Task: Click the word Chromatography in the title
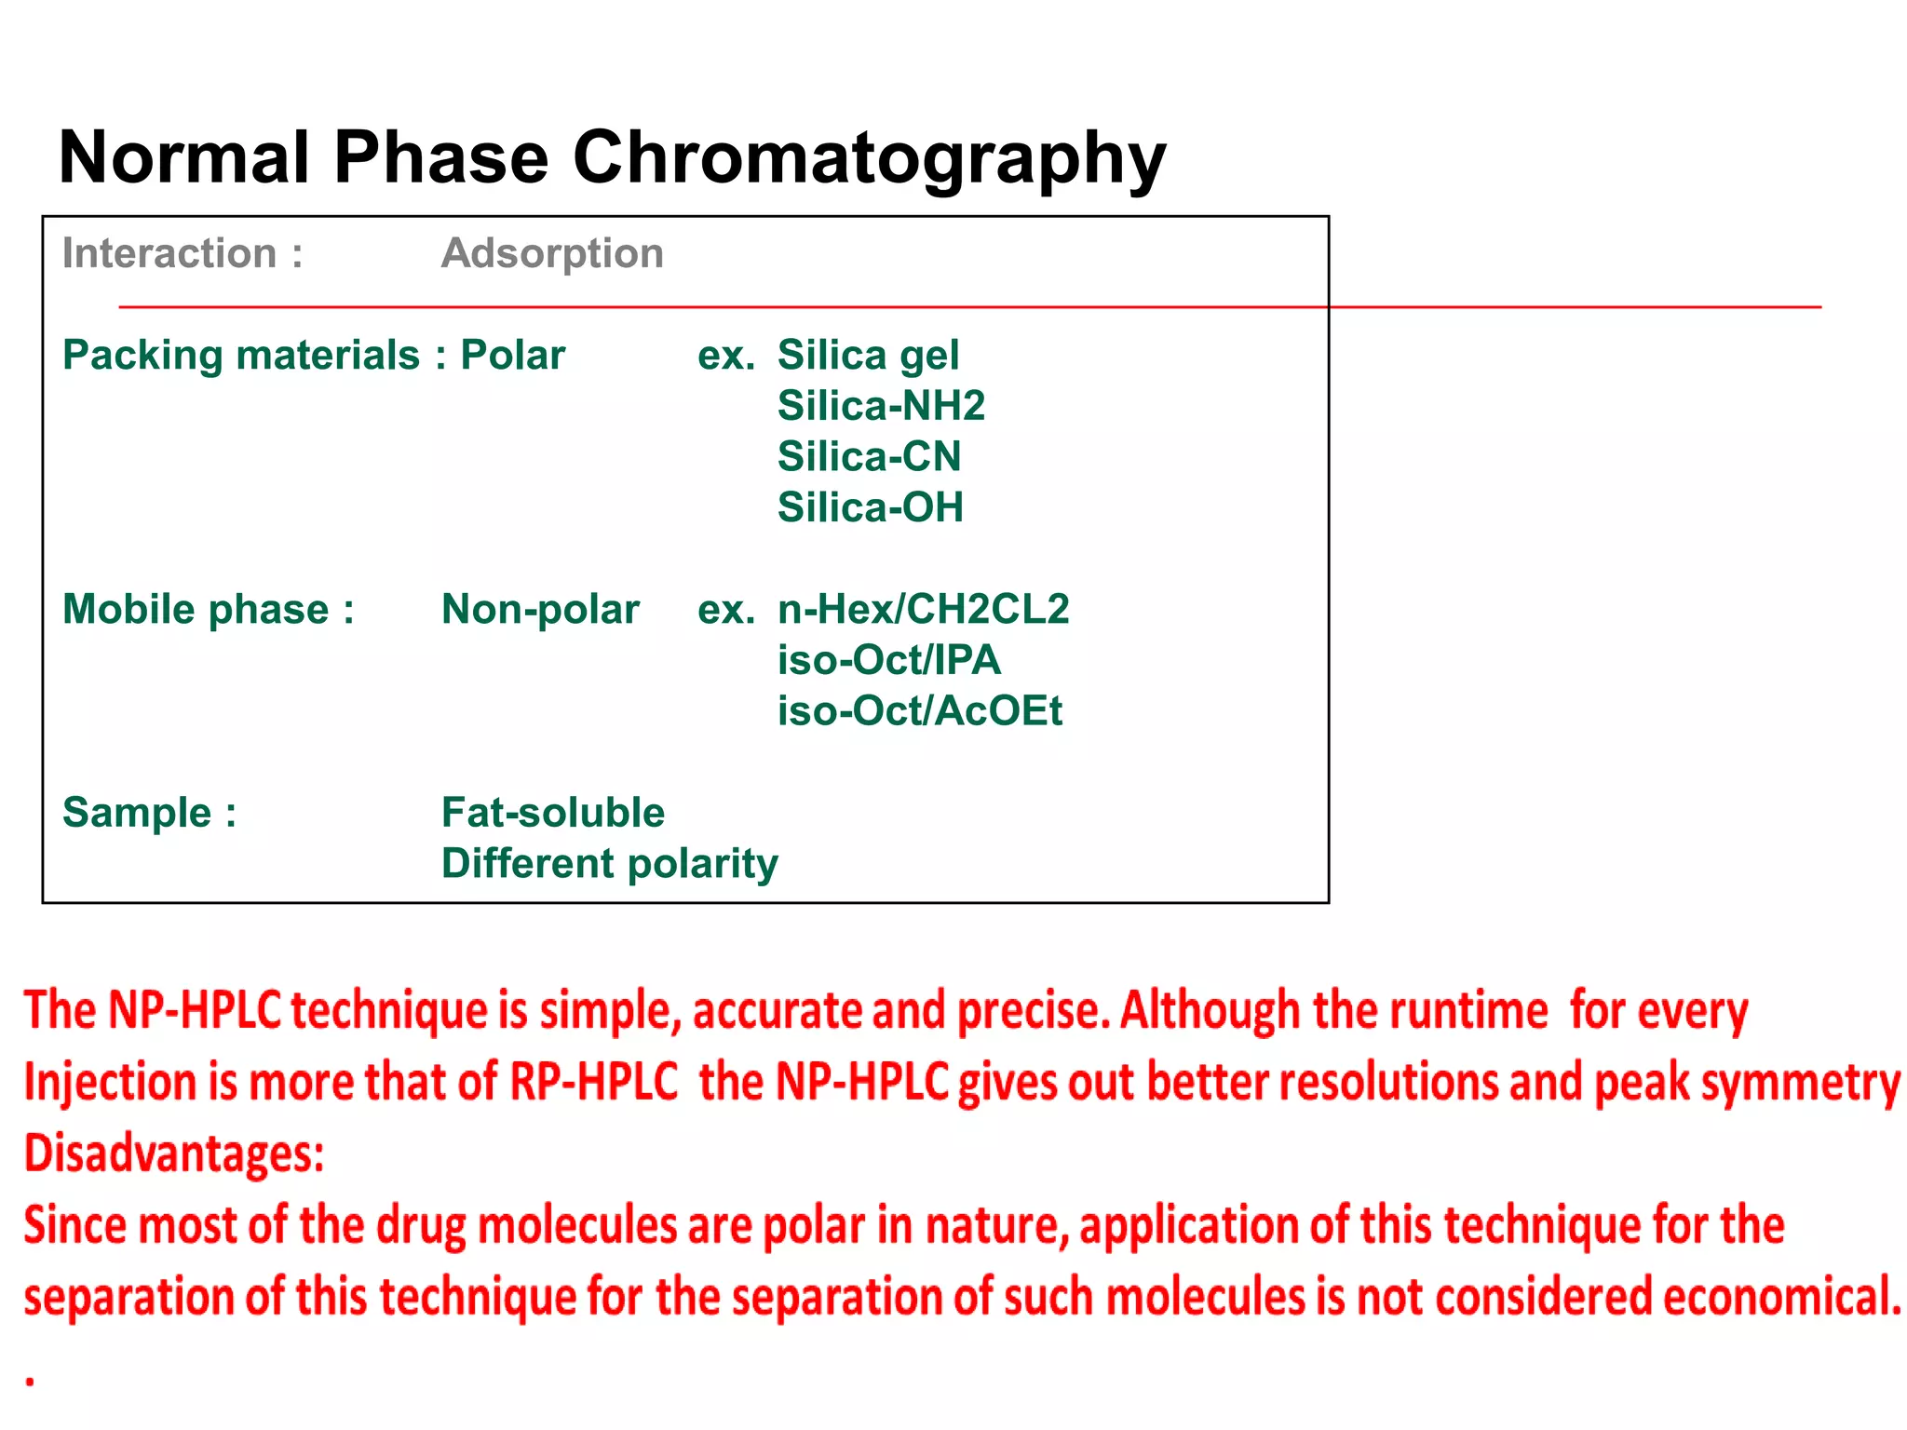868,158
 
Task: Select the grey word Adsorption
552,253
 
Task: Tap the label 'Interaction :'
183,253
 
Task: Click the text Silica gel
868,356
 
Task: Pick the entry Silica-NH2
881,406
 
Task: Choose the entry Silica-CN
869,457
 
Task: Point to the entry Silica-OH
871,508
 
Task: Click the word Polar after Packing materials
513,356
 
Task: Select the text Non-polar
540,610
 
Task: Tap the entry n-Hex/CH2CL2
924,610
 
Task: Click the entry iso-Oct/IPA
889,660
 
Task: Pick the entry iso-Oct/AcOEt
919,711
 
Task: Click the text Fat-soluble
553,813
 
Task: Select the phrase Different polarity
610,864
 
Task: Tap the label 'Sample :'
149,813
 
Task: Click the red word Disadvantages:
174,1153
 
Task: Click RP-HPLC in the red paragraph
593,1082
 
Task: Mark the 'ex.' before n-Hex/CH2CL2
725,610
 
